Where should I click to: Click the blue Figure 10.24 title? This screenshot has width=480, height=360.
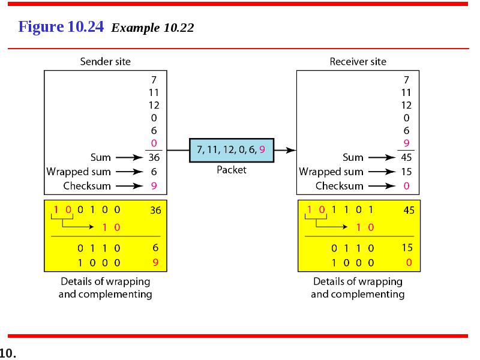pyautogui.click(x=61, y=26)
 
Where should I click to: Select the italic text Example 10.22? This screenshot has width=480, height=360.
pyautogui.click(x=152, y=28)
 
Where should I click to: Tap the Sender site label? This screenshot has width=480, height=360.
pyautogui.click(x=106, y=62)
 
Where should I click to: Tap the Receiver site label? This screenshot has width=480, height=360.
pyautogui.click(x=358, y=62)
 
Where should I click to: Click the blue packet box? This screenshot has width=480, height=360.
pyautogui.click(x=232, y=150)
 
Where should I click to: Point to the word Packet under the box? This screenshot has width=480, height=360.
pyautogui.click(x=232, y=170)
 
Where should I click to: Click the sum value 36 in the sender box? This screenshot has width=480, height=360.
pyautogui.click(x=154, y=157)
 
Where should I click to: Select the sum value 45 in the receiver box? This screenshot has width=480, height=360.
pyautogui.click(x=406, y=157)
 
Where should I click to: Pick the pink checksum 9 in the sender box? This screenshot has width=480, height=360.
pyautogui.click(x=154, y=186)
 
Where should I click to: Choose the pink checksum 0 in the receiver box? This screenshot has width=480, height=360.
pyautogui.click(x=406, y=186)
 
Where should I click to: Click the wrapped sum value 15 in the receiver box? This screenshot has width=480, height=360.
pyautogui.click(x=406, y=172)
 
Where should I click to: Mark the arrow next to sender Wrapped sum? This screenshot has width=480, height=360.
pyautogui.click(x=129, y=172)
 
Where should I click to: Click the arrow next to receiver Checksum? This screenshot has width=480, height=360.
pyautogui.click(x=382, y=186)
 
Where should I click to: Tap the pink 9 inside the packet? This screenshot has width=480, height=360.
pyautogui.click(x=262, y=149)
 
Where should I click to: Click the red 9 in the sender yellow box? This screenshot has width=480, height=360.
pyautogui.click(x=155, y=262)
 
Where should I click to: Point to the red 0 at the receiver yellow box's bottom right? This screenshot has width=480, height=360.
pyautogui.click(x=409, y=262)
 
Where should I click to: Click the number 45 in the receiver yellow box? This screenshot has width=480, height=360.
pyautogui.click(x=409, y=210)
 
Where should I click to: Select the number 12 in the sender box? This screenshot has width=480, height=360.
pyautogui.click(x=154, y=106)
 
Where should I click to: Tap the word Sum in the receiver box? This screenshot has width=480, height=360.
pyautogui.click(x=353, y=157)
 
